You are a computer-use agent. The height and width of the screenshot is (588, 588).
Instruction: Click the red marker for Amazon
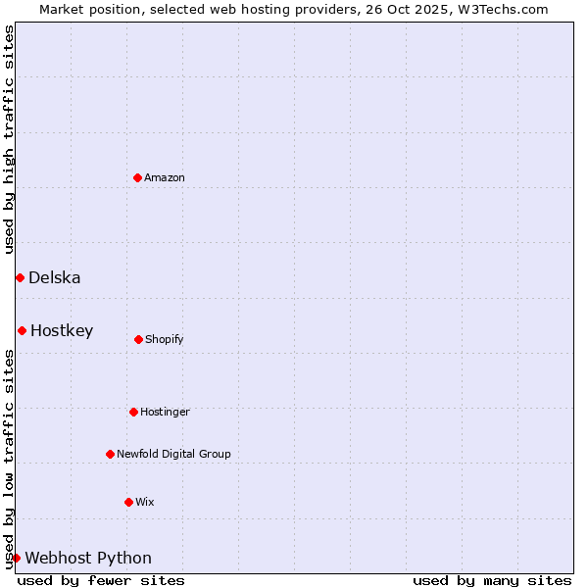pyautogui.click(x=137, y=177)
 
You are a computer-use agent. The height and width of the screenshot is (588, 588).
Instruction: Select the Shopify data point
pyautogui.click(x=138, y=339)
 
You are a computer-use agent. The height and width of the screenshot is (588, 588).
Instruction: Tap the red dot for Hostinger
pyautogui.click(x=133, y=412)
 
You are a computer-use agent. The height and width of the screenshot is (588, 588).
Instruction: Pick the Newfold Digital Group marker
pyautogui.click(x=110, y=454)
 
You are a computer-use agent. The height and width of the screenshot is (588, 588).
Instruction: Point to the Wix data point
pyautogui.click(x=128, y=502)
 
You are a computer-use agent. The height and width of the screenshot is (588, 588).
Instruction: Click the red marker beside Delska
pyautogui.click(x=20, y=277)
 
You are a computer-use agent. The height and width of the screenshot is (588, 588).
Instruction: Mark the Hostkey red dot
pyautogui.click(x=22, y=330)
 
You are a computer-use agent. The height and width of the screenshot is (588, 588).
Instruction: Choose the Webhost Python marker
pyautogui.click(x=16, y=558)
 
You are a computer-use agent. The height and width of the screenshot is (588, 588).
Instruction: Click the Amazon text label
pyautogui.click(x=165, y=177)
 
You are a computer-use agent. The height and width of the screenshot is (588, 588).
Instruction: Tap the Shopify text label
pyautogui.click(x=165, y=339)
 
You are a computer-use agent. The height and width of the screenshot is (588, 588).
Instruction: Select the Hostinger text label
pyautogui.click(x=165, y=412)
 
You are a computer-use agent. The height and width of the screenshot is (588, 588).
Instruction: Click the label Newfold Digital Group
pyautogui.click(x=173, y=454)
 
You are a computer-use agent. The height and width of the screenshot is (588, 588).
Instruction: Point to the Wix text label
pyautogui.click(x=145, y=502)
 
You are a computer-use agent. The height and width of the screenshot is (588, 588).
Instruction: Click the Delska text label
pyautogui.click(x=55, y=277)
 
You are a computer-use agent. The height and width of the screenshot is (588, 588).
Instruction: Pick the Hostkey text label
pyautogui.click(x=62, y=330)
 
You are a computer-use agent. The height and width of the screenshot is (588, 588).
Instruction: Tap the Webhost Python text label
pyautogui.click(x=88, y=558)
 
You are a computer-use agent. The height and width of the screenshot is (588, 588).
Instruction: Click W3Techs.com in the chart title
pyautogui.click(x=499, y=9)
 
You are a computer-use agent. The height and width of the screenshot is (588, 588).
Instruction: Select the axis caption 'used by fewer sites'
pyautogui.click(x=101, y=580)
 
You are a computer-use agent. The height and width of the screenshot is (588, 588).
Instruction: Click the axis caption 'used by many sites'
pyautogui.click(x=492, y=580)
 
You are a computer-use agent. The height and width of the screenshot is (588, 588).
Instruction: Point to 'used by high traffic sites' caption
pyautogui.click(x=9, y=140)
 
